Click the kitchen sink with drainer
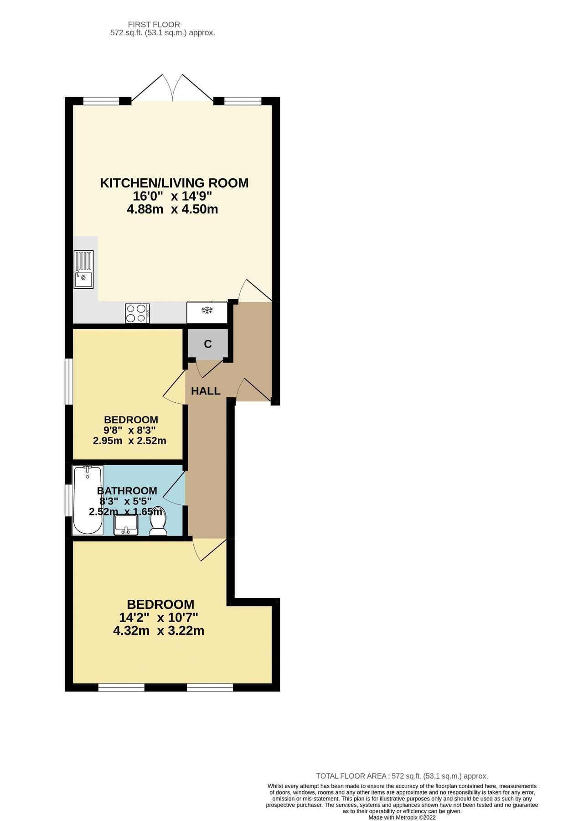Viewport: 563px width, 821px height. pos(83,269)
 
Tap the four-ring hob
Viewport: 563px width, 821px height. pos(137,313)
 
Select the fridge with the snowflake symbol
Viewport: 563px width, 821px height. pos(207,312)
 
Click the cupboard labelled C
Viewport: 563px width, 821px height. pos(207,344)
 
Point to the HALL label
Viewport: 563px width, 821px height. pos(206,391)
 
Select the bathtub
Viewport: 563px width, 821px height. pos(88,499)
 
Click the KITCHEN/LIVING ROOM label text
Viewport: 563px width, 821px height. pos(174,183)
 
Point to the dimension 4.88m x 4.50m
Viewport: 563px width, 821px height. pos(172,209)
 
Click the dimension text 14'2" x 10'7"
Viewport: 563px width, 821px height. pos(159,618)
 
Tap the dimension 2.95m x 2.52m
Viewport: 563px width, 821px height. pos(129,441)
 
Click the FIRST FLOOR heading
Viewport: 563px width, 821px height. pos(154,25)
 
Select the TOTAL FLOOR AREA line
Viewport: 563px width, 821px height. pos(402,776)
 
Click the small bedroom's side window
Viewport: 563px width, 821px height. pos(68,382)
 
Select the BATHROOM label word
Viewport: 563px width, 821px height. pos(127,491)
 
